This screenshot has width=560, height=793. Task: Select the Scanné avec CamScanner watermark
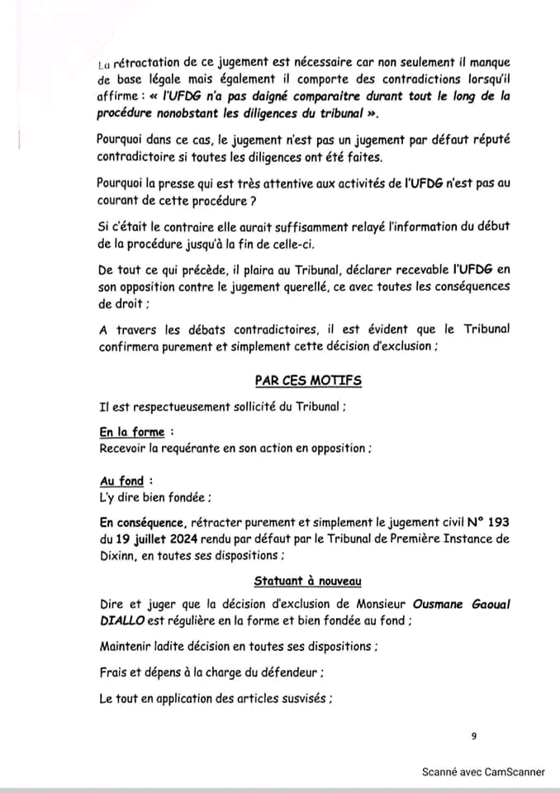tap(483, 772)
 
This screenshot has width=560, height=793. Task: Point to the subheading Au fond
tap(121, 481)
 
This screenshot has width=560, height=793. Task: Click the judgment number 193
tap(499, 522)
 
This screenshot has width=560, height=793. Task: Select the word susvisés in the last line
tap(300, 698)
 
